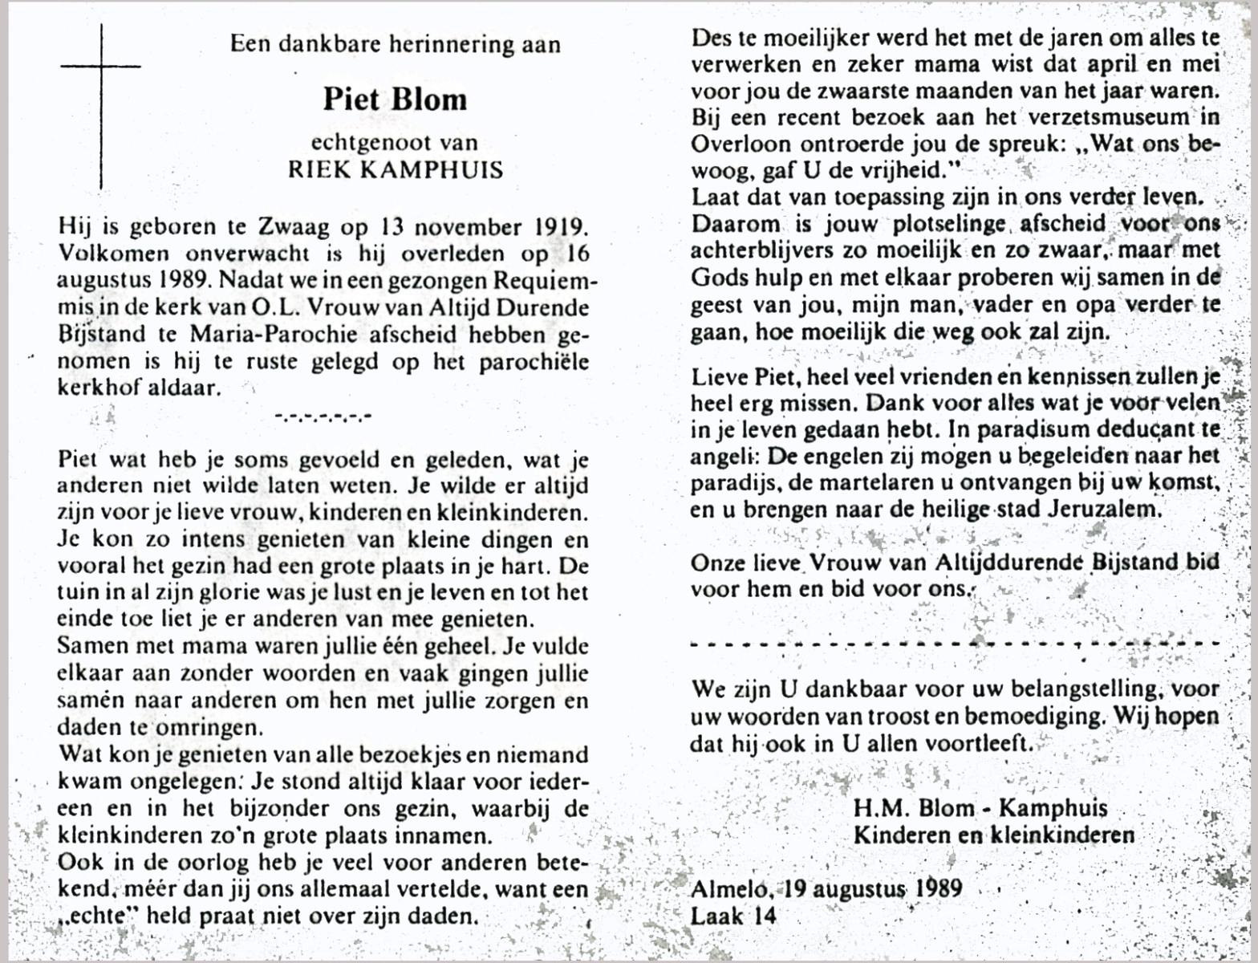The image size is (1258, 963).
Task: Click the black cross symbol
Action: tap(101, 104)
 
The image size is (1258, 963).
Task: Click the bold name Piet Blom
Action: tap(394, 100)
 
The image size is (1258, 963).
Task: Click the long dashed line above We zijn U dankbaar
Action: tap(955, 644)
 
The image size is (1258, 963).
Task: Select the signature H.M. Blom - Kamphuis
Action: tap(980, 808)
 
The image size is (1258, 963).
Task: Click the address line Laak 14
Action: tap(733, 915)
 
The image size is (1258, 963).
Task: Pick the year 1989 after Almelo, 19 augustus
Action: tap(935, 888)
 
